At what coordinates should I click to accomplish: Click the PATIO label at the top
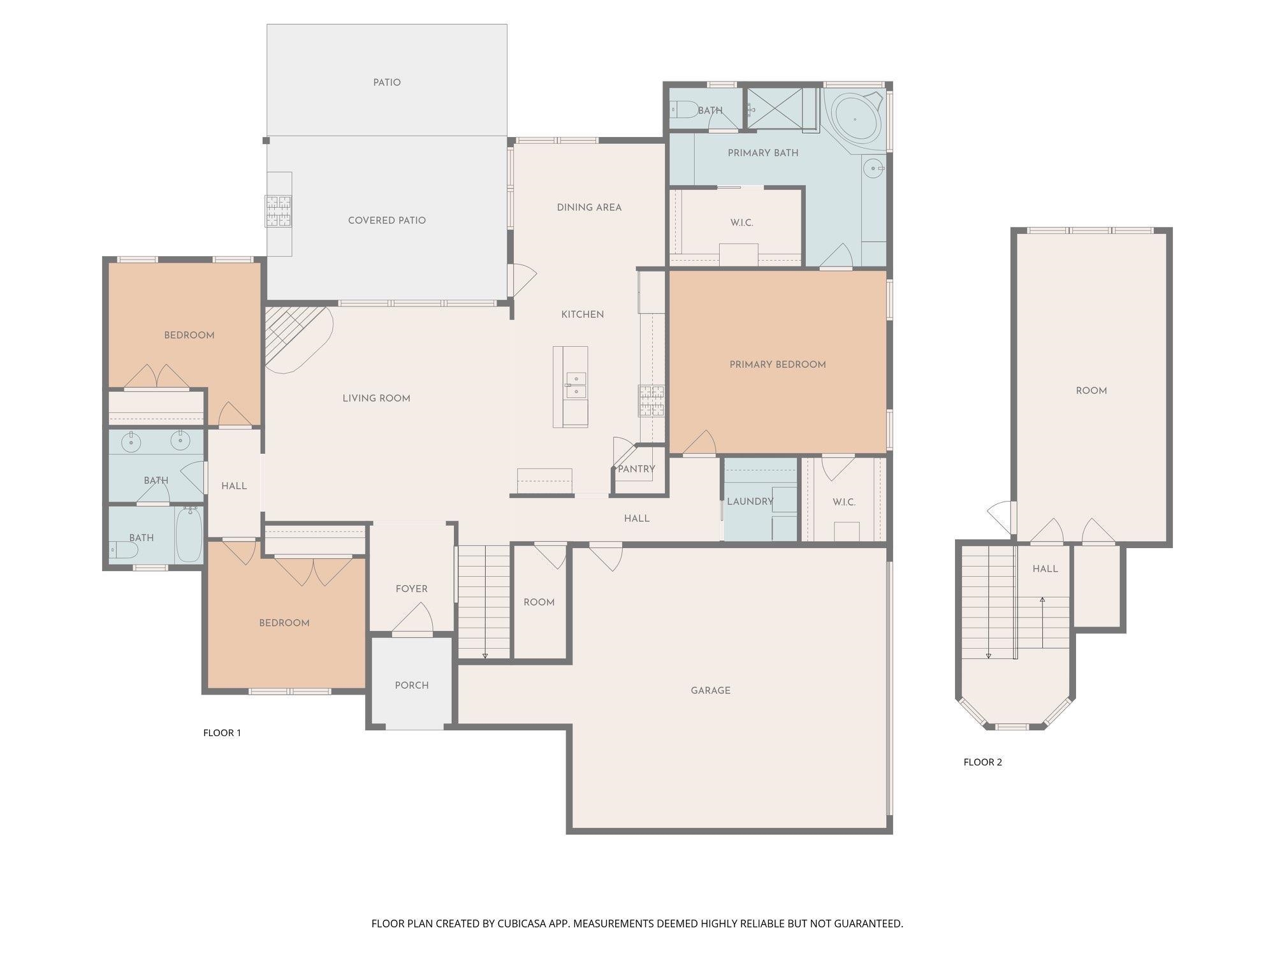pyautogui.click(x=387, y=83)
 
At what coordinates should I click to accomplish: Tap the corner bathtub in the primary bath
pyautogui.click(x=856, y=119)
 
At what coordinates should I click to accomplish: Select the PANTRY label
pyautogui.click(x=636, y=469)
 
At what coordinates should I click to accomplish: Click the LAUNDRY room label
pyautogui.click(x=750, y=502)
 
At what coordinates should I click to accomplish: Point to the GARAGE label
pyautogui.click(x=711, y=690)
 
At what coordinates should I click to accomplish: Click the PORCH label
pyautogui.click(x=412, y=685)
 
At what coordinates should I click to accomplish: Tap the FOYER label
pyautogui.click(x=412, y=589)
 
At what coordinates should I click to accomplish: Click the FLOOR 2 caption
pyautogui.click(x=983, y=762)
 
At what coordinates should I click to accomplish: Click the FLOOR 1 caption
pyautogui.click(x=222, y=733)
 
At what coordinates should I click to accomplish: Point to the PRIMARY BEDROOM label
pyautogui.click(x=778, y=365)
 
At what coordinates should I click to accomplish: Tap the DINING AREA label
pyautogui.click(x=589, y=207)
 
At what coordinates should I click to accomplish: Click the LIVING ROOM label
pyautogui.click(x=376, y=398)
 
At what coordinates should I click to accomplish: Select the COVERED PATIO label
pyautogui.click(x=387, y=221)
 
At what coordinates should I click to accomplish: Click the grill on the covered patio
pyautogui.click(x=279, y=211)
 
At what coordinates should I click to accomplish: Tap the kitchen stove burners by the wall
pyautogui.click(x=652, y=401)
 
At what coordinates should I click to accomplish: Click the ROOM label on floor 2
pyautogui.click(x=1091, y=391)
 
